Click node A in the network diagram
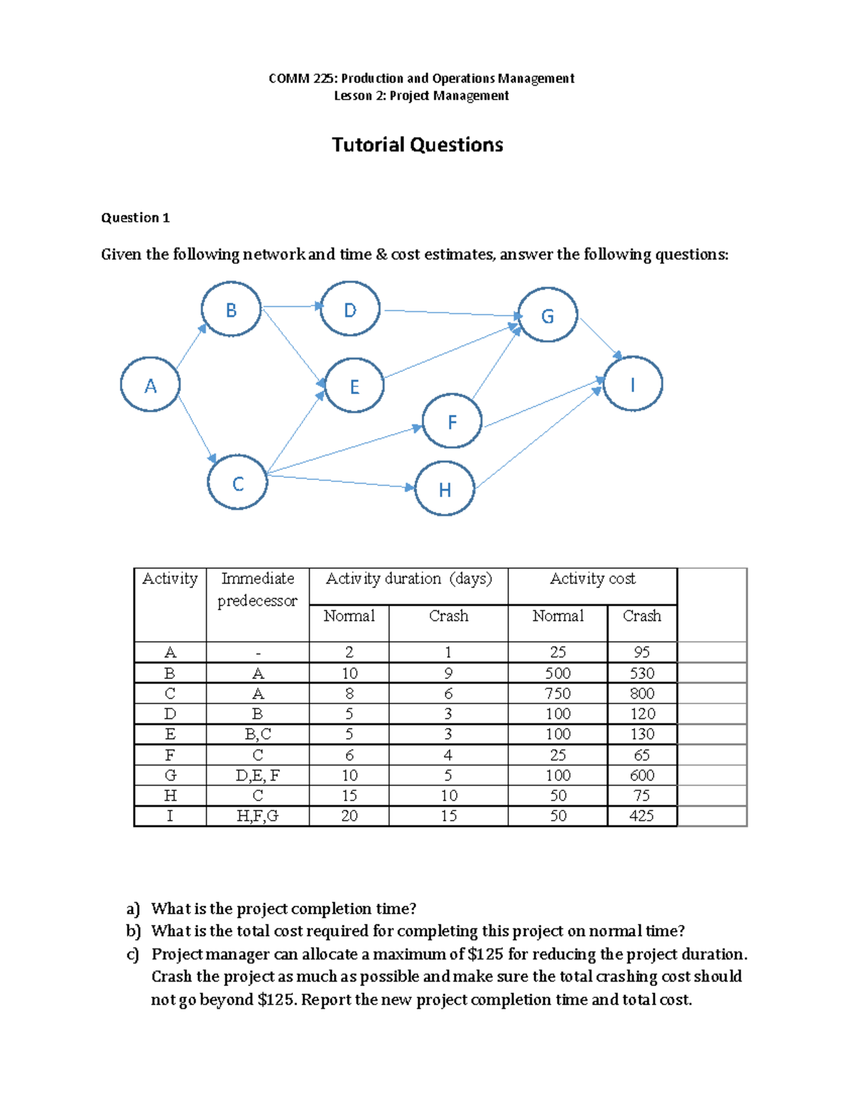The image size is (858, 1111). [x=150, y=385]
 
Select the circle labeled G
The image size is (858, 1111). [x=548, y=315]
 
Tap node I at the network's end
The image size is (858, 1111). [x=633, y=384]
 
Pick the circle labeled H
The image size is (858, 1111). [x=445, y=489]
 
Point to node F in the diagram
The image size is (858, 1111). [x=452, y=421]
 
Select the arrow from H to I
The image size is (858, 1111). [x=538, y=439]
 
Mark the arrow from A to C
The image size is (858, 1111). [x=196, y=426]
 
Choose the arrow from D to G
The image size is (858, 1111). [x=450, y=313]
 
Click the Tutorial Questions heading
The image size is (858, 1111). [x=418, y=145]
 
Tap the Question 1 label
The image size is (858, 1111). [x=135, y=218]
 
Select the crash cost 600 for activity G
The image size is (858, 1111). [x=642, y=775]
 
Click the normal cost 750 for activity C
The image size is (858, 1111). [x=558, y=694]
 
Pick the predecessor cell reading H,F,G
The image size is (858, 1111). [x=257, y=816]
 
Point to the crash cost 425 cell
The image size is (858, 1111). [x=642, y=816]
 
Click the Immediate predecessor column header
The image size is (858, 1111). [x=257, y=589]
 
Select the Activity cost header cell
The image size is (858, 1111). [x=592, y=579]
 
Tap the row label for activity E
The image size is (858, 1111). [x=170, y=735]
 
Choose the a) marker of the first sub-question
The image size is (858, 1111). [x=133, y=909]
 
